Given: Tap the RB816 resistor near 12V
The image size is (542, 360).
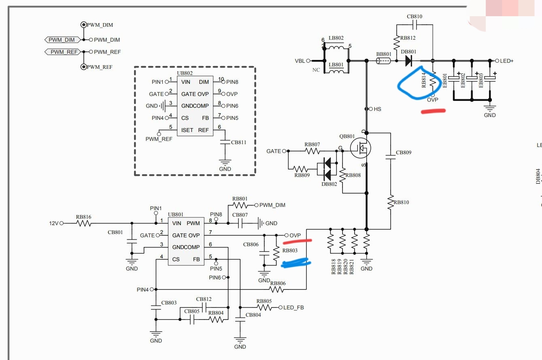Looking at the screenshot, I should coord(83,223).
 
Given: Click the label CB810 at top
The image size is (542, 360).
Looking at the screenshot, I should coord(414,17).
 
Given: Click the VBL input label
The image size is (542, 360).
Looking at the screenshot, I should coord(300,61).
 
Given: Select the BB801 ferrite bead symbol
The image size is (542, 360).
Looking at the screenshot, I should coord(383,61).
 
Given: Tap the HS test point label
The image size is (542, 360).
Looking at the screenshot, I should coord(377,109).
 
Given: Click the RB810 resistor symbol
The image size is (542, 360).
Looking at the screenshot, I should coord(391,202).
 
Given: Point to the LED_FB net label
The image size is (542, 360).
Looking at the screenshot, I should coord(293,308).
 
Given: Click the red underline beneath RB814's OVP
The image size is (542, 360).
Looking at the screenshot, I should coord(433,111).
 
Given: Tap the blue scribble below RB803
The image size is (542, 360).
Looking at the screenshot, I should coord(295,263).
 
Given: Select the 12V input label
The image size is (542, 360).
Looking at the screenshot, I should coord(54,223).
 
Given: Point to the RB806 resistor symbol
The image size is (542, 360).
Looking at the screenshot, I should coord(278,290).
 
